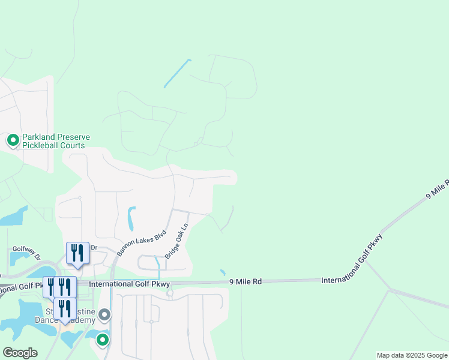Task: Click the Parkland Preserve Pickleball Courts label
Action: (x=56, y=142)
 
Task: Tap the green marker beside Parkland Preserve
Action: (x=13, y=141)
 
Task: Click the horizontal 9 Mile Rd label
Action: (x=245, y=281)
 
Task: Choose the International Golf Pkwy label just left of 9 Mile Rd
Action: (x=130, y=284)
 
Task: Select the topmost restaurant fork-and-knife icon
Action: (x=77, y=252)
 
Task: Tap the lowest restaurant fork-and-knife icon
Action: (x=65, y=308)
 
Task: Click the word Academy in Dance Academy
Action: (x=77, y=320)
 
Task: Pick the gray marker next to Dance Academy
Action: (x=105, y=314)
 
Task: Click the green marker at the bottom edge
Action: (x=103, y=340)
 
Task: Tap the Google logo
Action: (x=20, y=353)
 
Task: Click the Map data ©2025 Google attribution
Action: (x=412, y=355)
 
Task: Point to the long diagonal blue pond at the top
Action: (x=178, y=73)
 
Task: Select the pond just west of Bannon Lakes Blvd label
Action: (x=131, y=218)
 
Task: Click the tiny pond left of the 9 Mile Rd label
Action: (x=223, y=273)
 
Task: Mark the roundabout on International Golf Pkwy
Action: (x=170, y=294)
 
